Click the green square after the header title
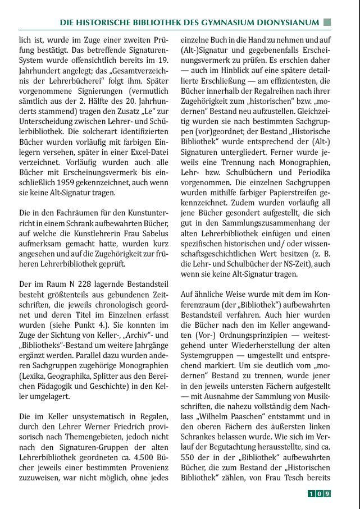point(327,22)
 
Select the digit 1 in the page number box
point(311,494)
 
